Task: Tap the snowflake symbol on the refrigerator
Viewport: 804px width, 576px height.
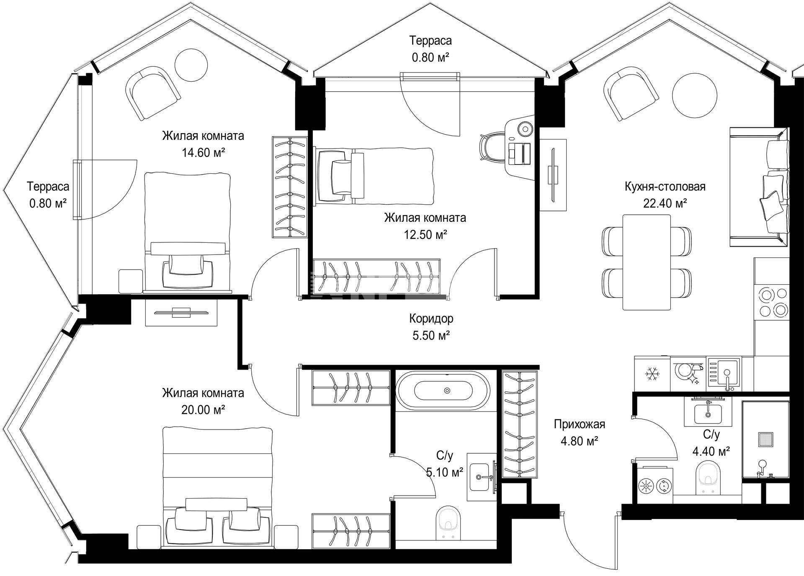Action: tap(652, 374)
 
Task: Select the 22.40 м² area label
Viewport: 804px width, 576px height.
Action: tap(665, 203)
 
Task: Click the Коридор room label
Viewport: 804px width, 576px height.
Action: tap(431, 319)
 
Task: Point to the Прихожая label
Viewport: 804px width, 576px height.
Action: tap(580, 424)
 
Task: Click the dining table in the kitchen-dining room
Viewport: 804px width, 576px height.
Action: tap(647, 262)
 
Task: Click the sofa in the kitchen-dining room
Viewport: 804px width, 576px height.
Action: tap(759, 187)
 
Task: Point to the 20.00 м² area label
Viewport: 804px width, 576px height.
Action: tap(203, 409)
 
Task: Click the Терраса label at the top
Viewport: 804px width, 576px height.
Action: tap(430, 41)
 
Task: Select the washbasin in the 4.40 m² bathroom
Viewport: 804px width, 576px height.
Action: tap(708, 412)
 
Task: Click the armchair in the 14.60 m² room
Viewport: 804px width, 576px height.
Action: tap(153, 93)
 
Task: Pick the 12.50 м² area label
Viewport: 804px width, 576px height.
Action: tap(425, 234)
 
